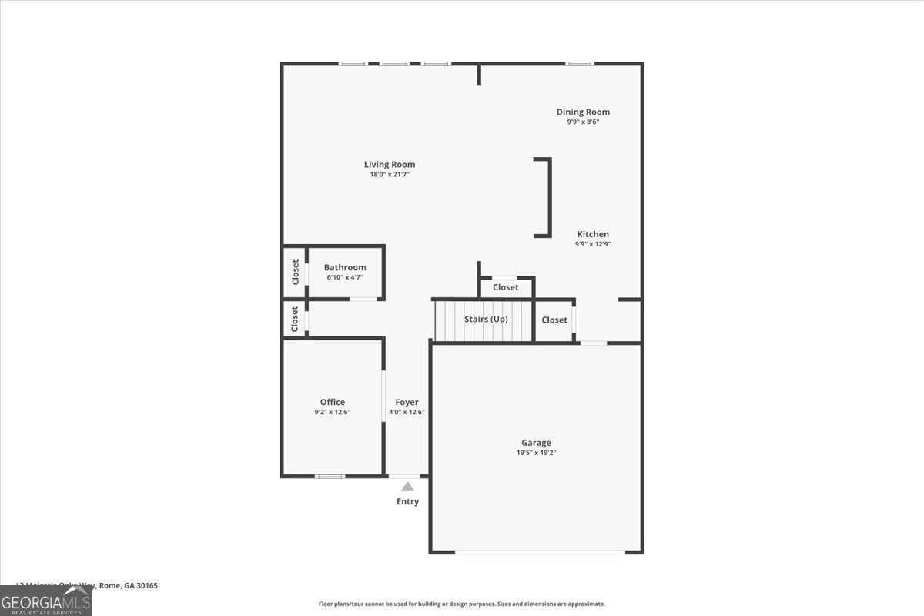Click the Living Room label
click(x=390, y=164)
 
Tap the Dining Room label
click(x=583, y=112)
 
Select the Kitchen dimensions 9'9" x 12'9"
click(x=592, y=244)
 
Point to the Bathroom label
click(x=345, y=267)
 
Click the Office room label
click(x=333, y=402)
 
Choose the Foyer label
click(x=407, y=402)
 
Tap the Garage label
click(x=536, y=443)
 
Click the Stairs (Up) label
click(x=486, y=319)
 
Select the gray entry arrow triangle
click(x=407, y=487)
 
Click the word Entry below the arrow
click(x=407, y=502)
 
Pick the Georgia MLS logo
click(x=46, y=601)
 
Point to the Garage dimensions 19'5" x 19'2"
click(x=536, y=453)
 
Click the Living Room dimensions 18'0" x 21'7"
click(x=390, y=174)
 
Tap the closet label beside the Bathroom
click(x=295, y=272)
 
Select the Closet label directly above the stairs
click(x=506, y=287)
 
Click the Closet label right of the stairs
click(x=554, y=320)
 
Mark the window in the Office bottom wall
click(x=330, y=476)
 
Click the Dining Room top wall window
click(x=580, y=63)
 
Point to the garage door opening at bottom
click(x=539, y=552)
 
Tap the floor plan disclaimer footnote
click(x=462, y=604)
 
